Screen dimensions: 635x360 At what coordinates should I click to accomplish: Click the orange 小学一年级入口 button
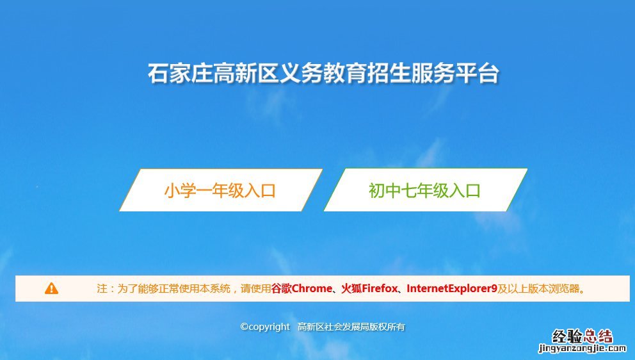(x=221, y=190)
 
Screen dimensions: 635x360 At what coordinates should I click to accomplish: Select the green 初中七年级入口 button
(x=425, y=190)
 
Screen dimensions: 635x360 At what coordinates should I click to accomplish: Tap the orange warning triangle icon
(x=51, y=289)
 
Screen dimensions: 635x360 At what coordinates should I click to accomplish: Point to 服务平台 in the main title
(x=455, y=74)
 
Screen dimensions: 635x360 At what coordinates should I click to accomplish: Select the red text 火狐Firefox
(x=369, y=289)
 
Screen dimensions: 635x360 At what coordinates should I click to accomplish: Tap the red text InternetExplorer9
(x=451, y=289)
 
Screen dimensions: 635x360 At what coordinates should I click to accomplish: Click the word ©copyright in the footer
(x=265, y=327)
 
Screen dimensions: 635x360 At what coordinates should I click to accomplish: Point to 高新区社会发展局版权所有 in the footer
(x=351, y=327)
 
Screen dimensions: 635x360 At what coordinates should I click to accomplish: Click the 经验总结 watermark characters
(x=582, y=336)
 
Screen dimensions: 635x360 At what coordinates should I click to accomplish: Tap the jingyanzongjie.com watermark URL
(x=582, y=348)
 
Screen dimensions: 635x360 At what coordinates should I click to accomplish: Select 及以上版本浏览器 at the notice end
(x=538, y=289)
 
